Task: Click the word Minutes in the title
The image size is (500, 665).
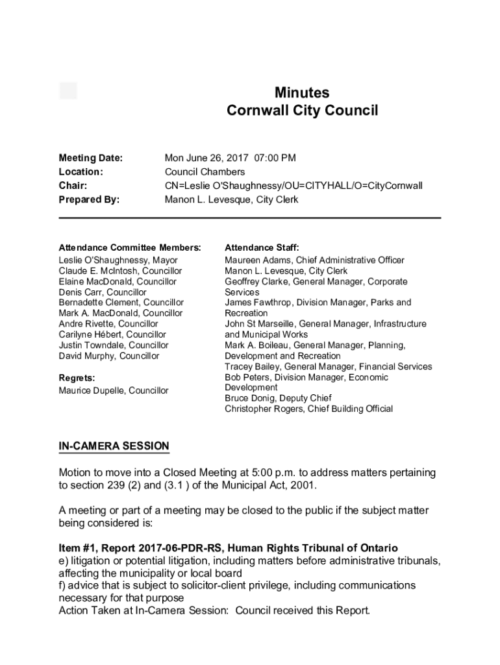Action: [x=302, y=92]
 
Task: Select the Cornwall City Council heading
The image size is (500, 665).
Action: [x=302, y=111]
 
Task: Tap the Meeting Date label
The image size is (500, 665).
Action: [x=91, y=158]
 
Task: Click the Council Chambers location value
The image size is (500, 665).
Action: [x=205, y=172]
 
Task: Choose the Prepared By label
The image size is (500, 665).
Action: [x=89, y=200]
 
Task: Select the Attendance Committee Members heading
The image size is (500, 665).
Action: [x=130, y=247]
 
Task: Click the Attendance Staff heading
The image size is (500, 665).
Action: [x=262, y=247]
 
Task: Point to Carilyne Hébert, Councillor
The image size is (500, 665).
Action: [x=113, y=334]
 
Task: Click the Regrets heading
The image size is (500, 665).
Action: [x=77, y=377]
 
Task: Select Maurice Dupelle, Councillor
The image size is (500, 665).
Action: [x=114, y=390]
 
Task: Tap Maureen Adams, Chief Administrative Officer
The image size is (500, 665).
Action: [x=314, y=260]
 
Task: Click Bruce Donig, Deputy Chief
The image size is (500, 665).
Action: [x=278, y=398]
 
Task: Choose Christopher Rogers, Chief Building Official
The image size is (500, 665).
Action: [x=308, y=409]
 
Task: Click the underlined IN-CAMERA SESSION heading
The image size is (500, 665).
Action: [x=114, y=446]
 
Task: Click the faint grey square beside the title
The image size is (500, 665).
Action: [x=68, y=91]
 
